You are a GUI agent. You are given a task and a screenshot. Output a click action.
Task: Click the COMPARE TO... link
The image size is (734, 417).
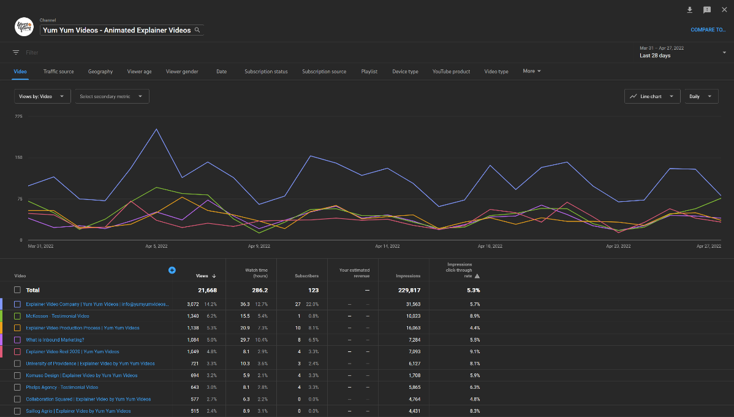point(708,29)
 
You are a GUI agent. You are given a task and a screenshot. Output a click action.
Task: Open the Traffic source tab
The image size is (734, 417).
point(58,72)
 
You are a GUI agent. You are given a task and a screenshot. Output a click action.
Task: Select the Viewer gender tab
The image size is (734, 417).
point(182,72)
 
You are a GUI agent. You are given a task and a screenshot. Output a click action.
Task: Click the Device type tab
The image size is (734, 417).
point(405,72)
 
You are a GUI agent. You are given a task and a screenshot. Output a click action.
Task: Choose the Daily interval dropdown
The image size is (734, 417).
point(700,96)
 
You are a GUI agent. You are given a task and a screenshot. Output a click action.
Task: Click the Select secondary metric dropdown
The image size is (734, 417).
point(112,96)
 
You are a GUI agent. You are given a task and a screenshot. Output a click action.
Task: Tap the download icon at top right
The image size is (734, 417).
point(689,10)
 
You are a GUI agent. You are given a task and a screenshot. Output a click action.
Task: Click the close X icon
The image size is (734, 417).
point(724,10)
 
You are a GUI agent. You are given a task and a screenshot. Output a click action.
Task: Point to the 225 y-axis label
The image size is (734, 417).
point(18,116)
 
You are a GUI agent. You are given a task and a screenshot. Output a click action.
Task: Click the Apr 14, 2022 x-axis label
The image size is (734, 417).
point(387,247)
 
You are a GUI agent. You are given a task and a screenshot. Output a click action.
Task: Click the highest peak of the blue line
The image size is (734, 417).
point(157,129)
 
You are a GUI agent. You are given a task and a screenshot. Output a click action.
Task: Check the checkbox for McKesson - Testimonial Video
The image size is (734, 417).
point(18,316)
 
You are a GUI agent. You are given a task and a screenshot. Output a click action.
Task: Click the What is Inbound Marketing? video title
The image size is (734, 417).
point(55,340)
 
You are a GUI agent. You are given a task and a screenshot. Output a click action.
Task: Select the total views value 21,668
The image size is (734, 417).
point(206,290)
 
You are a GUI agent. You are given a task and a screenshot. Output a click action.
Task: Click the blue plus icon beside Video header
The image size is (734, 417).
point(172,270)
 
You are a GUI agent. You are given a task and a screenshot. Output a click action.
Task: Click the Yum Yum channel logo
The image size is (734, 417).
point(24,27)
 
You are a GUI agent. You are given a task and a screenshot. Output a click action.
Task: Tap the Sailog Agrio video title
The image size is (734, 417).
point(78,411)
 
